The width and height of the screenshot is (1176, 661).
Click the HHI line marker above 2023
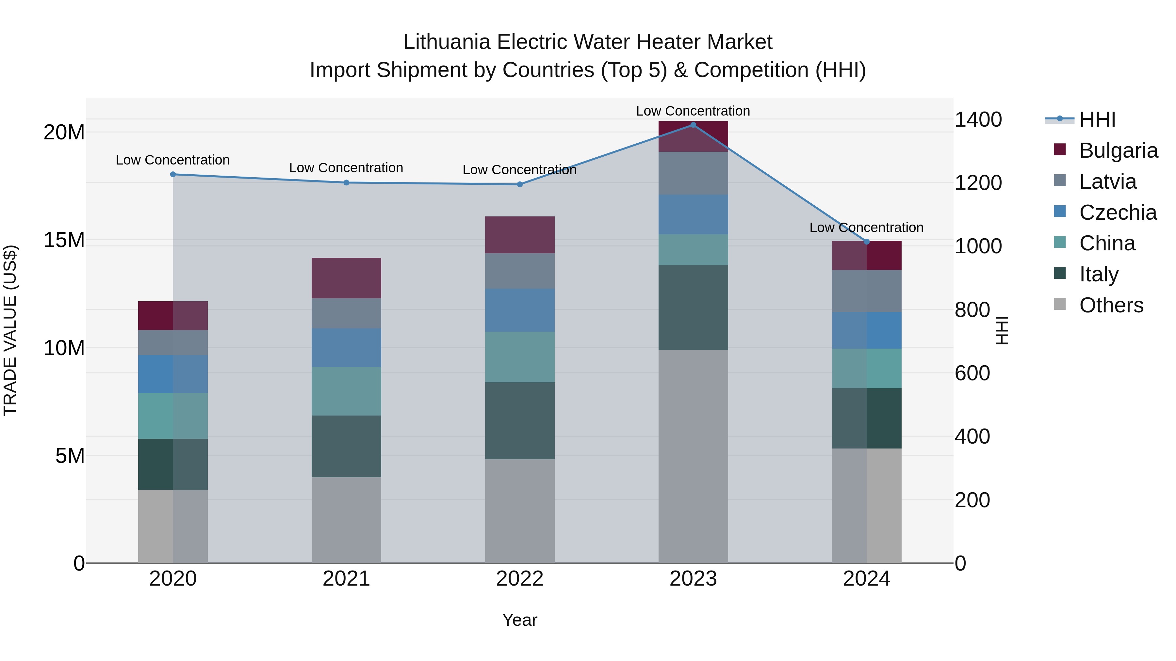click(x=693, y=125)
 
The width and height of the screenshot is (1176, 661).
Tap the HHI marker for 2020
click(x=173, y=174)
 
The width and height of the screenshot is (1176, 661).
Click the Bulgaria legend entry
click(x=1118, y=150)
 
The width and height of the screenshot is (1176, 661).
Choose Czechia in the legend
click(x=1118, y=212)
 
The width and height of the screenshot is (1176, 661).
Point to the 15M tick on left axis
click(x=64, y=240)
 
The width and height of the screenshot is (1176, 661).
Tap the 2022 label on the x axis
click(x=519, y=579)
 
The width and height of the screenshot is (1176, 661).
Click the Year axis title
click(x=519, y=620)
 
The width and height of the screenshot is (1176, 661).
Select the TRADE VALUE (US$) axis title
click(x=10, y=330)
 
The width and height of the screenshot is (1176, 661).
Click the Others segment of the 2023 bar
click(x=693, y=456)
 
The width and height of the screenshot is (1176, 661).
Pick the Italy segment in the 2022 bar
click(x=519, y=421)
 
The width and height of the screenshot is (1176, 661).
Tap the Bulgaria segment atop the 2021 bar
click(x=346, y=278)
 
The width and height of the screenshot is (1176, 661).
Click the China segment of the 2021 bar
click(x=346, y=391)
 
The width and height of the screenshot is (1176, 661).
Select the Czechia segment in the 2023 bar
click(x=693, y=214)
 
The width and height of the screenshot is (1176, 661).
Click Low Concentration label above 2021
click(x=346, y=168)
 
